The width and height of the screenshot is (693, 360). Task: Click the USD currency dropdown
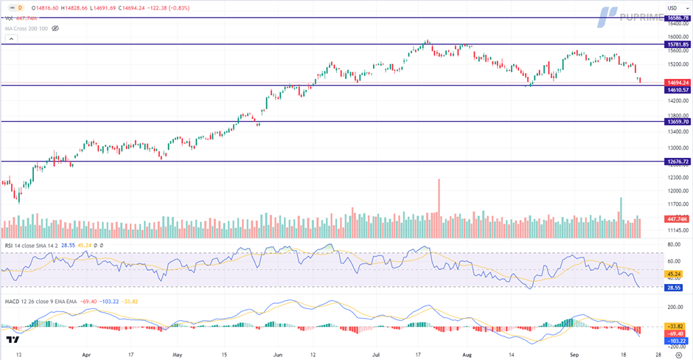click(x=672, y=7)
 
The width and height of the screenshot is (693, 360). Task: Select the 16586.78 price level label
click(x=678, y=17)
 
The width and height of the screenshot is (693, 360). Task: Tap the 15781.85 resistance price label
click(x=678, y=44)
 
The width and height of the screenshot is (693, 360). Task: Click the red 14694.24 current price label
click(x=678, y=83)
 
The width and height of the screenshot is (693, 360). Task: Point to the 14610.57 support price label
click(x=678, y=89)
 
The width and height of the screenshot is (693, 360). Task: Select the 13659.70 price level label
click(x=678, y=121)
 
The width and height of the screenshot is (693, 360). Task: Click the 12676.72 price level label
click(x=678, y=161)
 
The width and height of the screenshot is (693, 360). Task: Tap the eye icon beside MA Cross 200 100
click(x=55, y=28)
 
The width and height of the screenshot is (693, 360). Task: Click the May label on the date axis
click(x=177, y=354)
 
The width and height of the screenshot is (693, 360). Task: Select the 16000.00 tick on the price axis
click(x=677, y=36)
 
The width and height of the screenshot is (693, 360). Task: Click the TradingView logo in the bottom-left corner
click(x=12, y=340)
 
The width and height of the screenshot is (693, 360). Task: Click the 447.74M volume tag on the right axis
click(x=678, y=218)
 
